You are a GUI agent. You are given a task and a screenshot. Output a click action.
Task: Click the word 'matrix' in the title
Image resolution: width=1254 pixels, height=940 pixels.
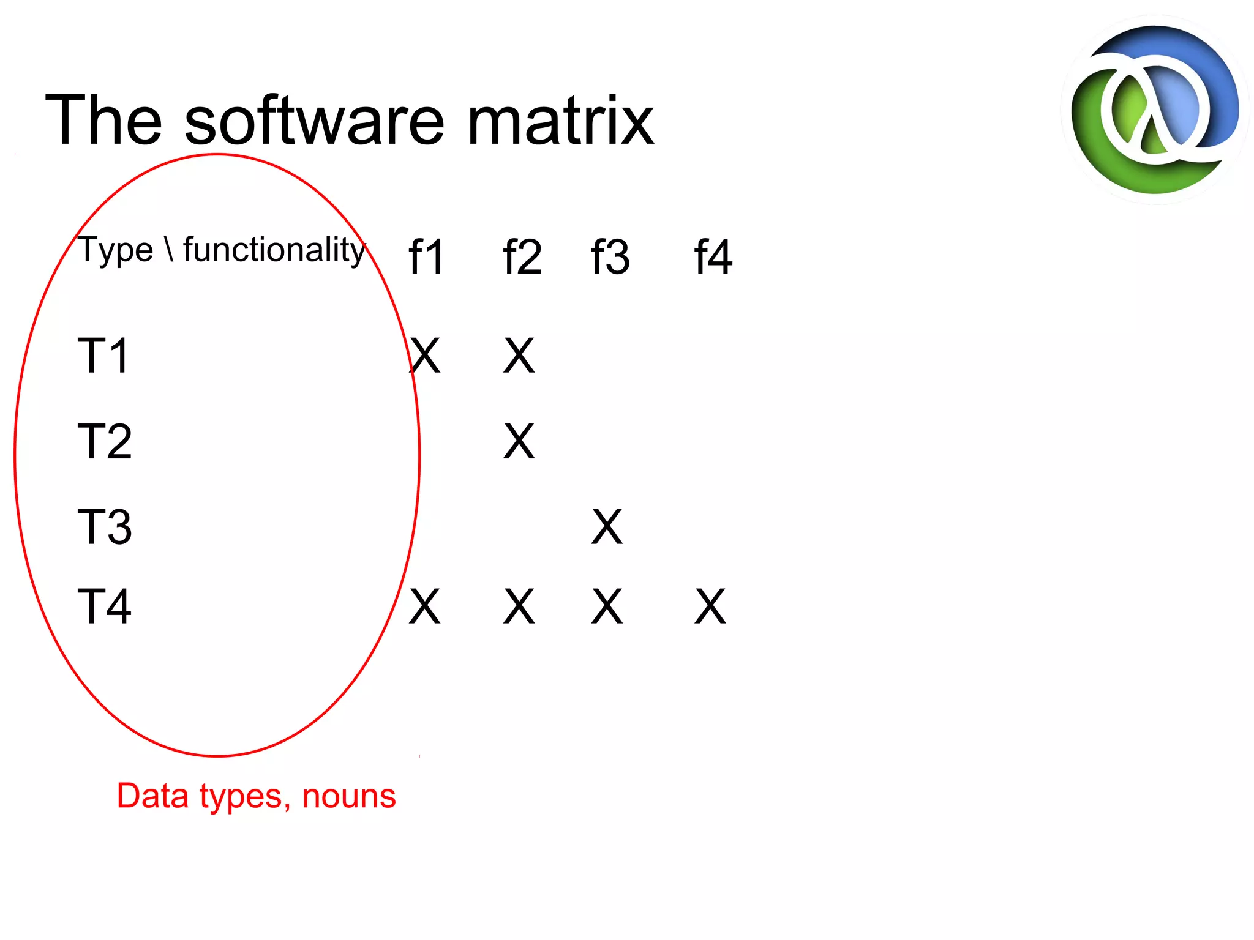pyautogui.click(x=560, y=121)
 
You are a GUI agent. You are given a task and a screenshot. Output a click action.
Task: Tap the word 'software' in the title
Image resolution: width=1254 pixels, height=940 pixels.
pyautogui.click(x=314, y=121)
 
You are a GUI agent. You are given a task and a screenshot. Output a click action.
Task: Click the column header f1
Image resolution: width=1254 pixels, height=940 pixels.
pyautogui.click(x=426, y=257)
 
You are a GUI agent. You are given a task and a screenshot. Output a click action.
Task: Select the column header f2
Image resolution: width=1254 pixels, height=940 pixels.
pyautogui.click(x=522, y=257)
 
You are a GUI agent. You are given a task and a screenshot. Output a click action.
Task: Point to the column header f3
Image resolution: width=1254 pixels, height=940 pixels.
pyautogui.click(x=610, y=257)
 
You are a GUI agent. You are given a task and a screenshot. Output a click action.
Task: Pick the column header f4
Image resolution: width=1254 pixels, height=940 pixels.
pyautogui.click(x=713, y=257)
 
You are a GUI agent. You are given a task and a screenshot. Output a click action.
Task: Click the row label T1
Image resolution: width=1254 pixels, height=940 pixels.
pyautogui.click(x=103, y=356)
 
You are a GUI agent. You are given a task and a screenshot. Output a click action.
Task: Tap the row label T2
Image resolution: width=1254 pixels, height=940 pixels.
pyautogui.click(x=105, y=441)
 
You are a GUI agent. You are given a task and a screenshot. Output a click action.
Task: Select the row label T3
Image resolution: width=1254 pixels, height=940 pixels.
pyautogui.click(x=105, y=527)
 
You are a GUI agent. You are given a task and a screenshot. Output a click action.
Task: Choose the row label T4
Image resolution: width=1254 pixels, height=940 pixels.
pyautogui.click(x=105, y=606)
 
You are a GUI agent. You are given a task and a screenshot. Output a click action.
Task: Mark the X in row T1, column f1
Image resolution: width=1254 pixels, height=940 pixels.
pyautogui.click(x=424, y=356)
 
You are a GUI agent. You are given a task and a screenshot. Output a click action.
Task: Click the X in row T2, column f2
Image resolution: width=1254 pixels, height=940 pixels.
pyautogui.click(x=519, y=441)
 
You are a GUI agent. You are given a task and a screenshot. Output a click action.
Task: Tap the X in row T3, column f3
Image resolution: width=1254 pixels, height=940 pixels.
pyautogui.click(x=607, y=527)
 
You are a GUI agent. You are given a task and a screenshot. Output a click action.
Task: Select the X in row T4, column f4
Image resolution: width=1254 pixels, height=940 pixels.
pyautogui.click(x=710, y=606)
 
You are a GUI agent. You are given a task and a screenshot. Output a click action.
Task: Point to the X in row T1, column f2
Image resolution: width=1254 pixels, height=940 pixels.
pyautogui.click(x=519, y=356)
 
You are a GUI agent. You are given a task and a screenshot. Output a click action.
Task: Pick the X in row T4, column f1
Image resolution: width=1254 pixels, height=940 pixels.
pyautogui.click(x=424, y=606)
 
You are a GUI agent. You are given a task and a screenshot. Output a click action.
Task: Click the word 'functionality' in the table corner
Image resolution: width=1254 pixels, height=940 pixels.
pyautogui.click(x=274, y=250)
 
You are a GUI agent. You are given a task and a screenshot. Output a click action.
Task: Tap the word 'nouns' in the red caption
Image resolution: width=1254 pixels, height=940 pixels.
pyautogui.click(x=349, y=796)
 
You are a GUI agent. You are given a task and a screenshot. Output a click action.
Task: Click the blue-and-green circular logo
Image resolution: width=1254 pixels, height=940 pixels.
pyautogui.click(x=1155, y=110)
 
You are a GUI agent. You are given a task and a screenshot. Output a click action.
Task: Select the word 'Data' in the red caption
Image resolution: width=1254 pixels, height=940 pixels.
pyautogui.click(x=152, y=796)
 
